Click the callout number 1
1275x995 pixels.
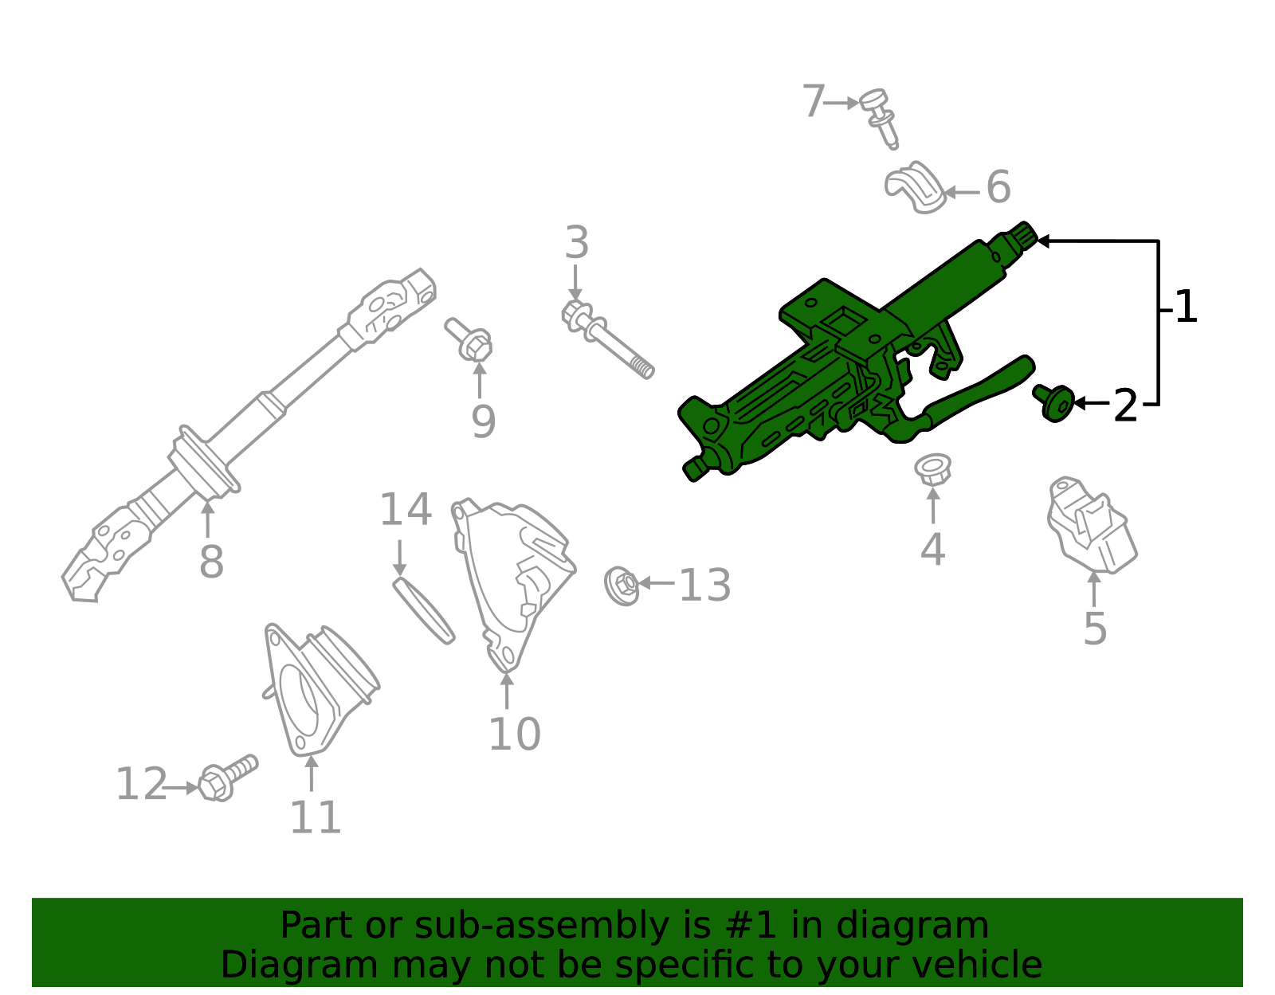point(1186,308)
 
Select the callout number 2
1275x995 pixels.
point(1124,406)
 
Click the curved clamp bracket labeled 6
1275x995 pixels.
point(915,188)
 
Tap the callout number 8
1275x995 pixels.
point(211,562)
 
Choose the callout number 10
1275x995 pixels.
point(514,734)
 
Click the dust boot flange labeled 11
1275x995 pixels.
point(319,689)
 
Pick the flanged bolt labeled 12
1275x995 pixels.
point(226,779)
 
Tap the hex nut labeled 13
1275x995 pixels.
point(622,586)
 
